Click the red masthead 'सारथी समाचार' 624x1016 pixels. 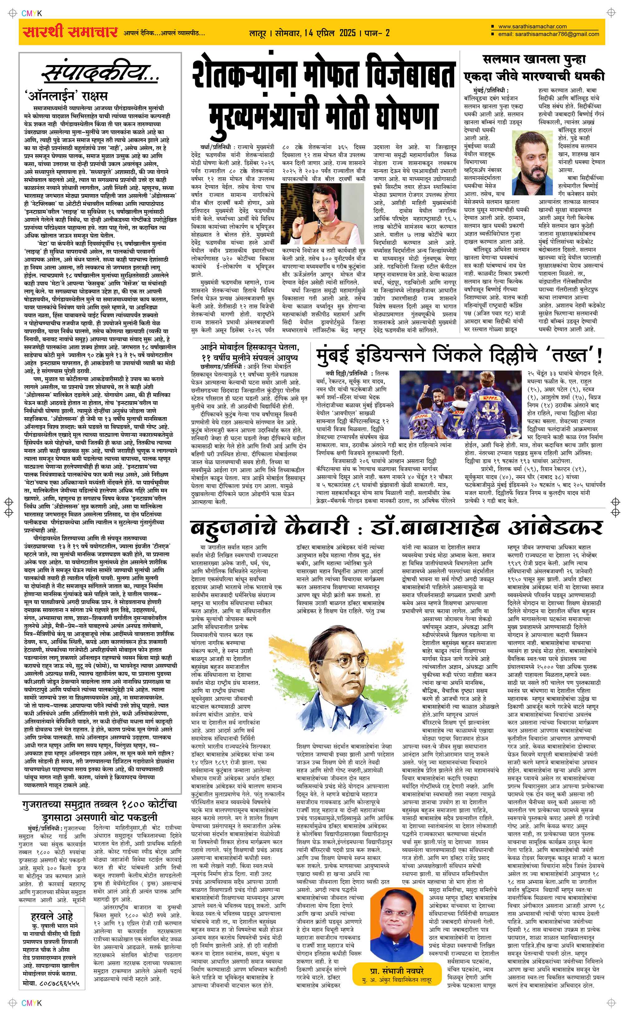click(x=70, y=32)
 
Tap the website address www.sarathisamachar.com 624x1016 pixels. click(x=532, y=27)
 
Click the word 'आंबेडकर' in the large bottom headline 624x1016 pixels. click(x=555, y=528)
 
